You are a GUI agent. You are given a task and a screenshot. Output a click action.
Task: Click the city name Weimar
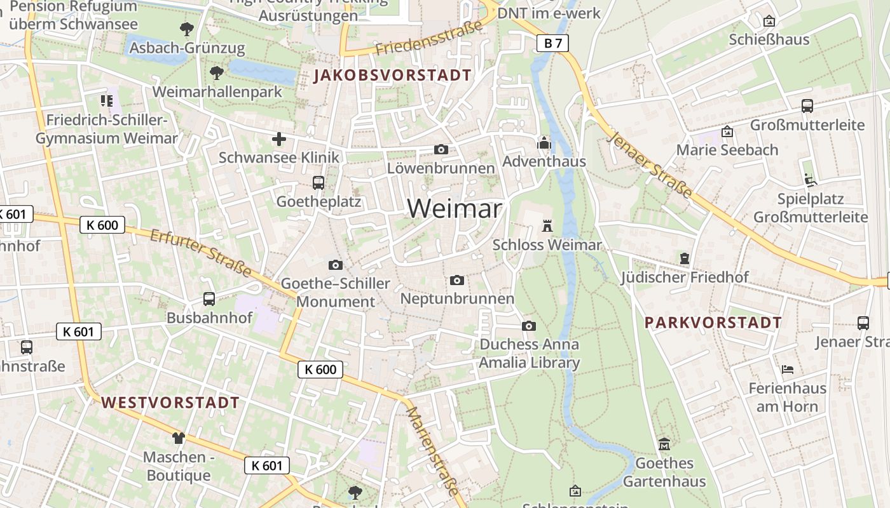[x=454, y=208]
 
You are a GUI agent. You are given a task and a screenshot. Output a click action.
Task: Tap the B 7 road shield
[x=552, y=43]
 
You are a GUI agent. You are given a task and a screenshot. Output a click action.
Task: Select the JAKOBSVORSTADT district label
[x=393, y=75]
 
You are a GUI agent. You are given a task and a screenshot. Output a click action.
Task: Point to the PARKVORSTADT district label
[x=713, y=323]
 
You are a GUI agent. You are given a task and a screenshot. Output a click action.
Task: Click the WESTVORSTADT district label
[x=170, y=403]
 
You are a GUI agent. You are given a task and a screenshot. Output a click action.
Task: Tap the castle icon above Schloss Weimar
[x=547, y=225]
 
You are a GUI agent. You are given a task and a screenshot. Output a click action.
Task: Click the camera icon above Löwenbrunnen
[x=441, y=150]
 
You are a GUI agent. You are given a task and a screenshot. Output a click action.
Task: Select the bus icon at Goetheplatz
[x=318, y=183]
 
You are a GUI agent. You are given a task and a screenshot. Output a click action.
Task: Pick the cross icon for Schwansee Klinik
[x=278, y=139]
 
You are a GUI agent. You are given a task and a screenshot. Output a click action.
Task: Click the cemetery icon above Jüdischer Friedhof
[x=684, y=258]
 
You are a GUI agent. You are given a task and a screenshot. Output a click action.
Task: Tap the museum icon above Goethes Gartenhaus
[x=664, y=444]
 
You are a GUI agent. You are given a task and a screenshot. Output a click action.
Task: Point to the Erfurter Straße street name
[x=201, y=253]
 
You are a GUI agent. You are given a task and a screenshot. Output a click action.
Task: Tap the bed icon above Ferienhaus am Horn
[x=787, y=369]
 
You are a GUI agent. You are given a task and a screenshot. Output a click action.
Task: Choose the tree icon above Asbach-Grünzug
[x=186, y=29]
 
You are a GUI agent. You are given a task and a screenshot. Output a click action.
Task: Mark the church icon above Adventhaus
[x=544, y=143]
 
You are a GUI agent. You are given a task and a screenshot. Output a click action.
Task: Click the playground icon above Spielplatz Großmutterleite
[x=810, y=180]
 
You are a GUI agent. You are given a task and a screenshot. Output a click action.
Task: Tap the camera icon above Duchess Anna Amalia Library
[x=528, y=326]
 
